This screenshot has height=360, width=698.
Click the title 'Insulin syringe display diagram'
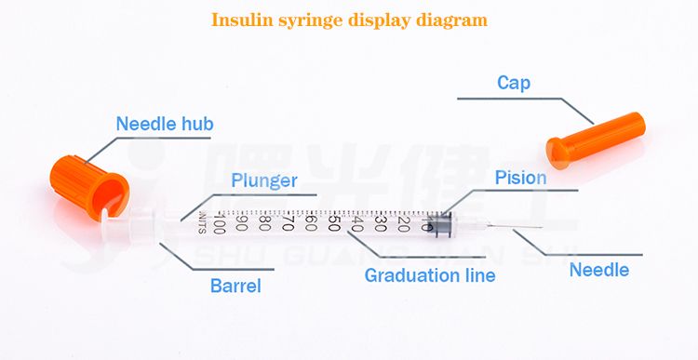pyautogui.click(x=349, y=20)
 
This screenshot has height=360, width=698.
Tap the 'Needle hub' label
pyautogui.click(x=165, y=124)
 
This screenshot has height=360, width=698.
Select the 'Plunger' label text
pyautogui.click(x=264, y=180)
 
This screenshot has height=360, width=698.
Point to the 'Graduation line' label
pyautogui.click(x=430, y=275)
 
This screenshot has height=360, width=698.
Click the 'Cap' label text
pyautogui.click(x=514, y=83)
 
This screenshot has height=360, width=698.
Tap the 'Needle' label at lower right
pyautogui.click(x=599, y=271)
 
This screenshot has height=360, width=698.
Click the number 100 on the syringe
pyautogui.click(x=220, y=224)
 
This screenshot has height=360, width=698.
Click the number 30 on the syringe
pyautogui.click(x=381, y=223)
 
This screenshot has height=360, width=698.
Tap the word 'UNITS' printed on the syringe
pyautogui.click(x=203, y=224)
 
